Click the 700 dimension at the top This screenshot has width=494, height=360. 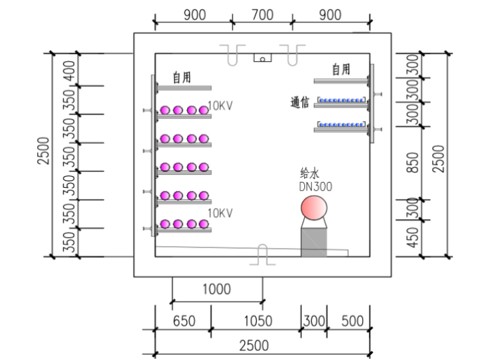262,15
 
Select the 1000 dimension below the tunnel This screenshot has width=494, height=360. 216,289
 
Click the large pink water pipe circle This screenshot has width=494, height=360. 313,209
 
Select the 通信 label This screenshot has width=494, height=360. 300,103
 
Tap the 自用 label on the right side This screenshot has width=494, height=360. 341,70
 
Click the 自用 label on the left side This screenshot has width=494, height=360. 181,77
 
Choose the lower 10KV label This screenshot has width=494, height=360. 220,213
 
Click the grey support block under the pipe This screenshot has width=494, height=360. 313,242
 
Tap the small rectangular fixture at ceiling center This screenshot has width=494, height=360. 262,58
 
